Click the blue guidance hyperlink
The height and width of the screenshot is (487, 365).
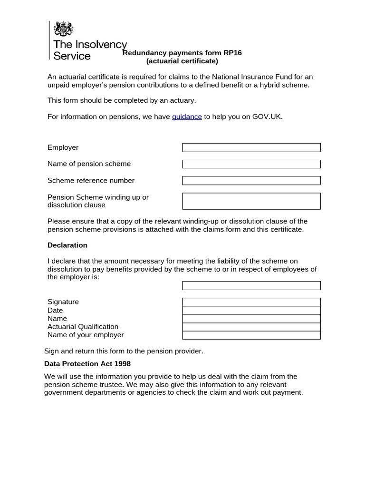click(x=187, y=117)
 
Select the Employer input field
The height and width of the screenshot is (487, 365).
click(x=251, y=147)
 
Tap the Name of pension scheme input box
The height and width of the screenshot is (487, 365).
click(x=251, y=164)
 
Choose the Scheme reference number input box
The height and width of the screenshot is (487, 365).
click(x=251, y=181)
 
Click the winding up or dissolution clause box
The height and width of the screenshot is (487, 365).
click(x=251, y=201)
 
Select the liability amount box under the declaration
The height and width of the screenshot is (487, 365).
click(x=251, y=285)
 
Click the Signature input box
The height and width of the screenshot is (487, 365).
click(x=251, y=302)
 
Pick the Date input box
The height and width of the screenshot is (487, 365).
click(x=251, y=310)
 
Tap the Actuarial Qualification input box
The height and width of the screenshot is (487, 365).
click(x=251, y=327)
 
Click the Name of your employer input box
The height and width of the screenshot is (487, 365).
click(x=251, y=335)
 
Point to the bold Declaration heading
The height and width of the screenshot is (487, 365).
click(x=67, y=245)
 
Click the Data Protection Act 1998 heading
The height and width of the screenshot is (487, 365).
click(x=87, y=364)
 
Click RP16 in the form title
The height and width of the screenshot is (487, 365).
click(x=231, y=53)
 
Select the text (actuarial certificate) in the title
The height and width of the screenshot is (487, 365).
click(x=182, y=61)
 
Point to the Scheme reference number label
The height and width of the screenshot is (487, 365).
click(x=91, y=181)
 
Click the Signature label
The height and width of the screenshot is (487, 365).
click(x=63, y=302)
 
